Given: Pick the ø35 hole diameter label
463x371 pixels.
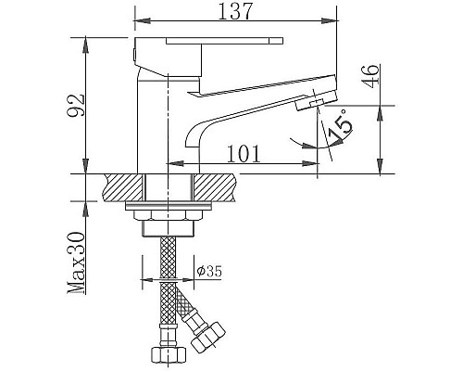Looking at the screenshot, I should (209, 273).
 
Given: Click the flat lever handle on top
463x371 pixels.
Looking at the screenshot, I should (222, 42).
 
